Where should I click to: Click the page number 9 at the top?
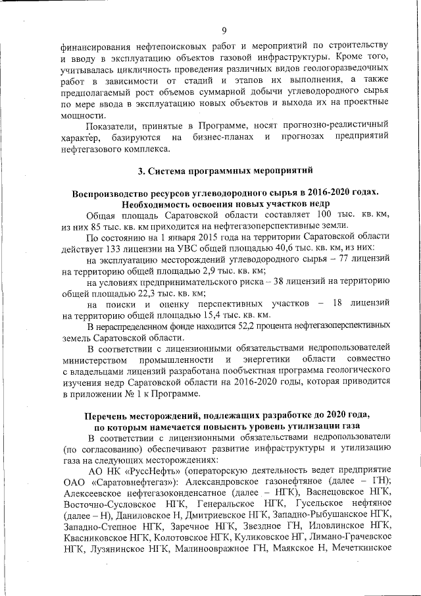[x=224, y=30]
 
